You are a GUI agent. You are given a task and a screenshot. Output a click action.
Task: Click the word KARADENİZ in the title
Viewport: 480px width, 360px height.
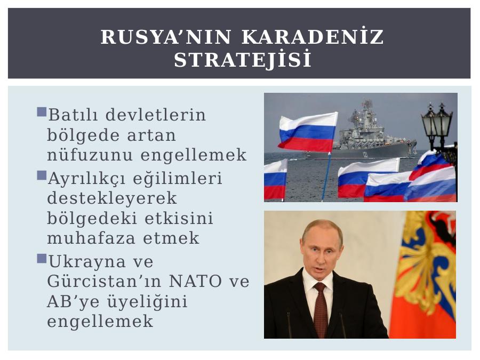pyautogui.click(x=313, y=37)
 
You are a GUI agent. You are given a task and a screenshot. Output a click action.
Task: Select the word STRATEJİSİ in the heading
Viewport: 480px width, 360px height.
pyautogui.click(x=243, y=59)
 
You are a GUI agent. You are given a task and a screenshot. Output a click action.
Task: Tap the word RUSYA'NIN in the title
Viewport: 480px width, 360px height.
pyautogui.click(x=166, y=37)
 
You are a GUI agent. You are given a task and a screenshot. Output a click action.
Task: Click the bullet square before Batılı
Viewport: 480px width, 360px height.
pyautogui.click(x=42, y=112)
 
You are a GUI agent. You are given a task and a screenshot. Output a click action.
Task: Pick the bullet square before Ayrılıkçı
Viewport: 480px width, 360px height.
pyautogui.click(x=42, y=175)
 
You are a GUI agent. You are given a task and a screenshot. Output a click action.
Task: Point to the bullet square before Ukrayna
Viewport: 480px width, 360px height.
pyautogui.click(x=42, y=258)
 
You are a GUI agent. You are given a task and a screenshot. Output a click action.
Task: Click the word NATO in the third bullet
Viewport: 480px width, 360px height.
pyautogui.click(x=195, y=281)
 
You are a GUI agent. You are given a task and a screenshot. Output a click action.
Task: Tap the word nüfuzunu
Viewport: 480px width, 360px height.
pyautogui.click(x=90, y=155)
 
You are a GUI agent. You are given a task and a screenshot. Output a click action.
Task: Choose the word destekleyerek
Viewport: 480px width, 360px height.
pyautogui.click(x=112, y=198)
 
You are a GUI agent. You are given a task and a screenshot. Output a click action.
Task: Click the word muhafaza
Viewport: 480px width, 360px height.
pyautogui.click(x=91, y=238)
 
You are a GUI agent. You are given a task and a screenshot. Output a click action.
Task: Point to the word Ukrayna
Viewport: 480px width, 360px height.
pyautogui.click(x=87, y=262)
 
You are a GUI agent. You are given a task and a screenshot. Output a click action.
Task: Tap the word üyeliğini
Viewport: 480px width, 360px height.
pyautogui.click(x=147, y=302)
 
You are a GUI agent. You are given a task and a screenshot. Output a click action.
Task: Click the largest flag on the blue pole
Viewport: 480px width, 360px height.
pyautogui.click(x=308, y=132)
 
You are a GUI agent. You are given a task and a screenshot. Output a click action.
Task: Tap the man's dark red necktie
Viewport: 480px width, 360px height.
pyautogui.click(x=320, y=309)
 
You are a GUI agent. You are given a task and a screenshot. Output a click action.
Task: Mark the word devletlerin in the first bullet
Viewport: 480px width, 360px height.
pyautogui.click(x=156, y=115)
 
